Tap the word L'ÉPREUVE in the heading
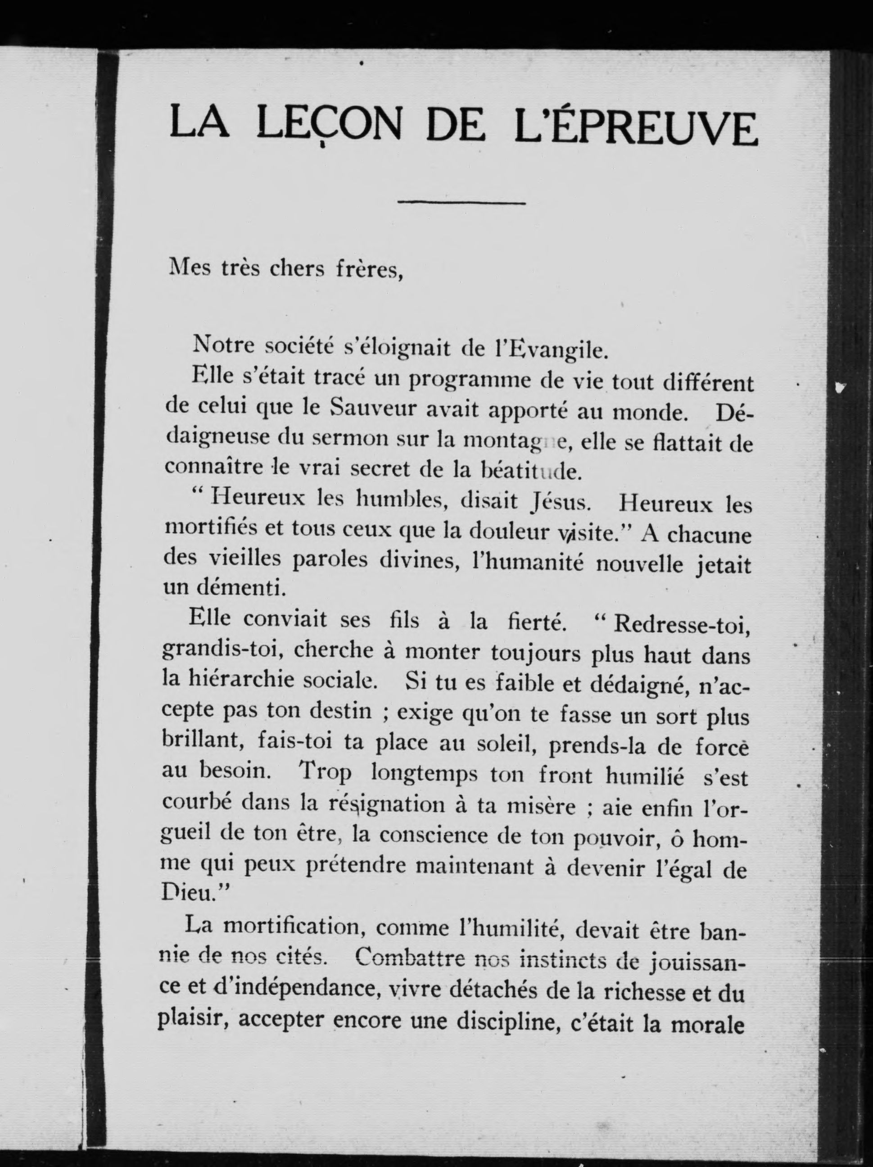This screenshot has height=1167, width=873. pos(636,127)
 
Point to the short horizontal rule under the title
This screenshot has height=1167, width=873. pos(461,201)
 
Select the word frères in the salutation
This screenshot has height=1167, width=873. pos(369,270)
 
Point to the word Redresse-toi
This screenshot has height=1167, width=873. pos(682,624)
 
